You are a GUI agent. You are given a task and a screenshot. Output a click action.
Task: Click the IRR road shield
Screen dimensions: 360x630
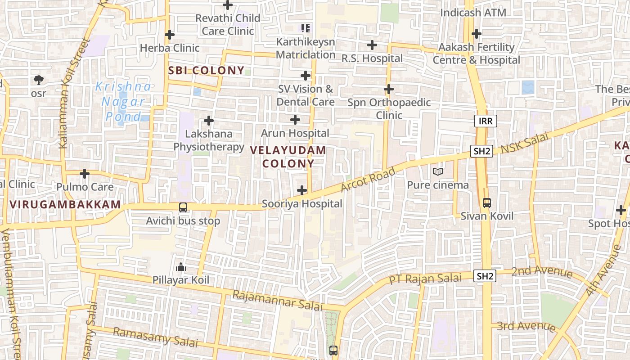tap(486, 121)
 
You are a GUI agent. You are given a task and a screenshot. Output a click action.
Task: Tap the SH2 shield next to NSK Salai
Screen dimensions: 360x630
tap(481, 151)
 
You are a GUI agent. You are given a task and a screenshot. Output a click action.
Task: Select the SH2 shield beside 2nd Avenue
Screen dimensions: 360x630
tap(485, 276)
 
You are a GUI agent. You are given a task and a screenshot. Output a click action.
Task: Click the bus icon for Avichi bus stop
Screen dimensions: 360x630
tap(183, 207)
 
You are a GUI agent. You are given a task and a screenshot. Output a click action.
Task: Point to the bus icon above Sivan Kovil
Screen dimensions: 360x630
tap(486, 203)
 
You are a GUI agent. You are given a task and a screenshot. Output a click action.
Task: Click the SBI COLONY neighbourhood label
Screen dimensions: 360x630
tap(206, 71)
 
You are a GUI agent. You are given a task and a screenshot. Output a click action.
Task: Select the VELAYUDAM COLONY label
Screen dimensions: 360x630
tap(288, 157)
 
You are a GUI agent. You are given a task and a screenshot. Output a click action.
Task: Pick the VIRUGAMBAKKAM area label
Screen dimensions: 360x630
tap(65, 204)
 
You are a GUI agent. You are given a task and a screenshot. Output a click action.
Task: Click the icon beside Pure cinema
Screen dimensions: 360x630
tap(437, 172)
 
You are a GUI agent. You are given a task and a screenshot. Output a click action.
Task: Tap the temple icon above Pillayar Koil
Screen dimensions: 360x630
tap(181, 267)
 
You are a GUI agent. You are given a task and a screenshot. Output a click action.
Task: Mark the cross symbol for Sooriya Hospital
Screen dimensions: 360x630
tap(302, 190)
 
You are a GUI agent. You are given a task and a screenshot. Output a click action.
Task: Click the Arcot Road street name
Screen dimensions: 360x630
tap(368, 179)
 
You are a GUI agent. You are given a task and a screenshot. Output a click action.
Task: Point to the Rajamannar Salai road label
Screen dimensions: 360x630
tap(277, 300)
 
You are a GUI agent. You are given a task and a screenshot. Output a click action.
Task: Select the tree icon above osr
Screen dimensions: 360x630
tap(39, 81)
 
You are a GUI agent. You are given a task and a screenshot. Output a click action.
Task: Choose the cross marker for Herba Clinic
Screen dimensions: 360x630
tap(169, 35)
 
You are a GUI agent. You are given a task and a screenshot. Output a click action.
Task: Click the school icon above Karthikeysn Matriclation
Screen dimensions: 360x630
tap(306, 29)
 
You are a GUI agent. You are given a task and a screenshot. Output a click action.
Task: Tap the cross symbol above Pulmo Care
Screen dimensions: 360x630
tap(85, 174)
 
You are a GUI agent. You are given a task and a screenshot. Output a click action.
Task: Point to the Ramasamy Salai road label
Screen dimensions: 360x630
tap(155, 337)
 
